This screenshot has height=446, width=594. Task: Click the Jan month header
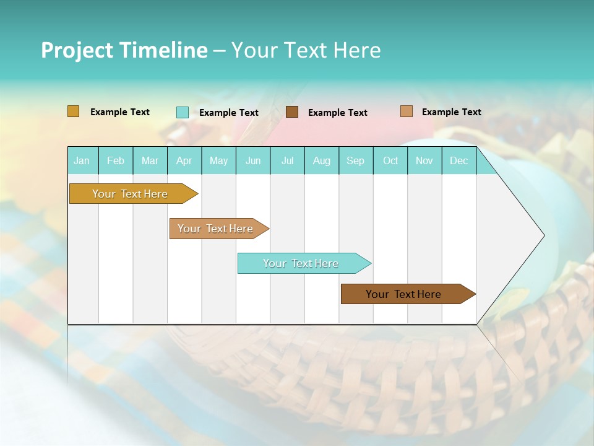[x=82, y=160]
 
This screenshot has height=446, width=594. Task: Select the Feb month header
[x=116, y=160]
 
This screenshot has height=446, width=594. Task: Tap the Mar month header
[x=150, y=160]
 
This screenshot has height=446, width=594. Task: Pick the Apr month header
[x=184, y=160]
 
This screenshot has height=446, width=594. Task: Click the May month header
[x=218, y=160]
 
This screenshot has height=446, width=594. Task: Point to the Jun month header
[x=253, y=160]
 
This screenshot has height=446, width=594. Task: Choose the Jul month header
[x=287, y=160]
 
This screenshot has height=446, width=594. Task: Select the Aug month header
[x=322, y=160]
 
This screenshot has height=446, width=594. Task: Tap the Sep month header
[x=356, y=160]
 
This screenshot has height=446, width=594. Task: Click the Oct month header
[x=390, y=160]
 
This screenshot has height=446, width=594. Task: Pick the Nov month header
[x=424, y=160]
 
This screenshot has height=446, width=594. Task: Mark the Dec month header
[x=458, y=160]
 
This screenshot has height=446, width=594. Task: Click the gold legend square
[x=74, y=111]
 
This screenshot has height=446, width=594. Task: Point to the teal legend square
[x=183, y=112]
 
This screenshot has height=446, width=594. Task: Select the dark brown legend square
[x=292, y=111]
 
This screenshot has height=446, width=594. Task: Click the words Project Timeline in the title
[x=124, y=50]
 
